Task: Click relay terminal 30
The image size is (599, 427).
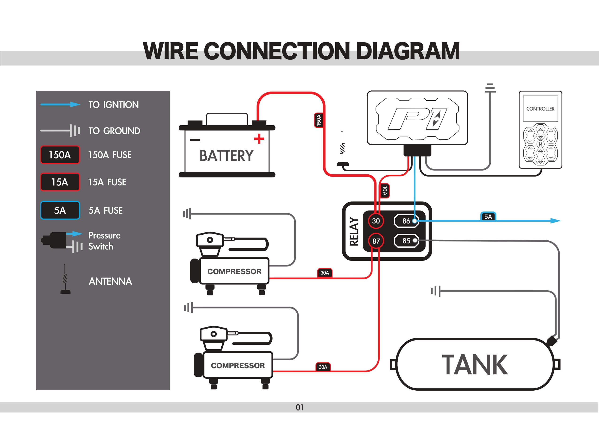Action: [376, 221]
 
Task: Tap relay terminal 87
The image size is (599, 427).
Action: [376, 241]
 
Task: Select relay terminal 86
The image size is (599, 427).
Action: [406, 221]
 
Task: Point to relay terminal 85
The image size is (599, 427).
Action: [406, 241]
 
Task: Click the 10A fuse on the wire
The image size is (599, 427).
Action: [385, 191]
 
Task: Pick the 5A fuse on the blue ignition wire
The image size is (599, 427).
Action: [488, 217]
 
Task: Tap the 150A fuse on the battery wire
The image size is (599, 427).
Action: [319, 120]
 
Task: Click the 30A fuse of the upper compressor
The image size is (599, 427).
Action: [325, 273]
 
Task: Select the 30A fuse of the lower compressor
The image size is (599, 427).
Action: [323, 367]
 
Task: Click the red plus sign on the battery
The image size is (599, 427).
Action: [259, 139]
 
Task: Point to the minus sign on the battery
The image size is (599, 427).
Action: [195, 140]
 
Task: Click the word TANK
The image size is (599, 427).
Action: [475, 365]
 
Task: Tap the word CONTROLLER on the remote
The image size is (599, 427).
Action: [540, 109]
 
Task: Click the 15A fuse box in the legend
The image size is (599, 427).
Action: [60, 182]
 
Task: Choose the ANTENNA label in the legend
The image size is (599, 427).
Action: [110, 281]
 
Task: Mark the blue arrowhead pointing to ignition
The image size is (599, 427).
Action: [555, 221]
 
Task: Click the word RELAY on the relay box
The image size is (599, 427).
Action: [354, 231]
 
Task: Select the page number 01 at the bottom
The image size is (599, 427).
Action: [299, 408]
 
